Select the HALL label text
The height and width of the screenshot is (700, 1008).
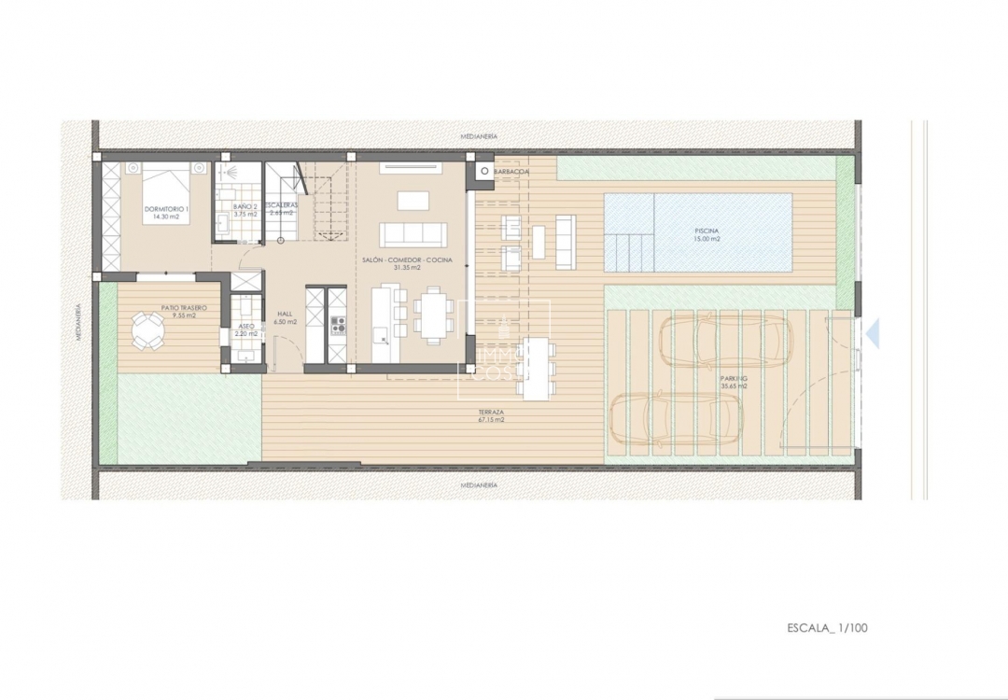(x=285, y=314)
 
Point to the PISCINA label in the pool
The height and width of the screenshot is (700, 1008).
(x=707, y=231)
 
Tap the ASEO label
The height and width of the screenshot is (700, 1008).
(x=245, y=327)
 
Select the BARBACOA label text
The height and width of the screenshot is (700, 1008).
(x=511, y=173)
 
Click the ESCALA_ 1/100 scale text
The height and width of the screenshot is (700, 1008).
(x=827, y=627)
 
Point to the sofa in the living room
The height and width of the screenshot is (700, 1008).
(x=412, y=233)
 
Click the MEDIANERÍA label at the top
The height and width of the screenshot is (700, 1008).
(x=479, y=136)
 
